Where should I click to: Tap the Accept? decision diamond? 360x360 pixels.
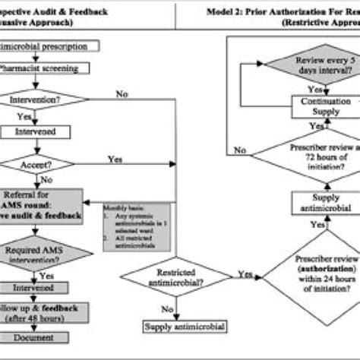[x=38, y=163]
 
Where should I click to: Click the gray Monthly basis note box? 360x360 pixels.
[x=137, y=226]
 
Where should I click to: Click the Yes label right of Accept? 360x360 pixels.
[x=115, y=159]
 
